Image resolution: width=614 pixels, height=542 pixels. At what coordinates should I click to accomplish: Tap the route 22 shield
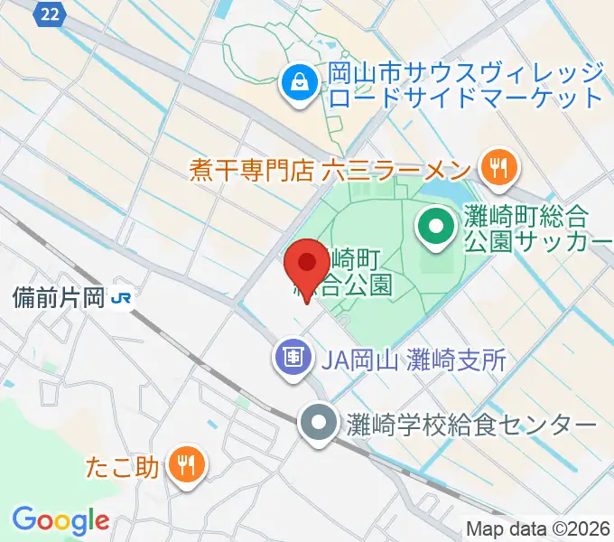tap(51, 12)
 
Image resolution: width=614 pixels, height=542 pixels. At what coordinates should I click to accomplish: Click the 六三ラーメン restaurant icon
tap(498, 167)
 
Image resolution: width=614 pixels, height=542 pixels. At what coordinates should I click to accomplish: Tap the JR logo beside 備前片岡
tap(120, 296)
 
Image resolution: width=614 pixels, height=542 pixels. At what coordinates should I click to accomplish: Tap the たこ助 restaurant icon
tap(187, 466)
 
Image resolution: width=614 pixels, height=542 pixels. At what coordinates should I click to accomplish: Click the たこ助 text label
tap(124, 468)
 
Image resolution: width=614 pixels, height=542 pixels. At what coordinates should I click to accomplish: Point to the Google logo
tap(60, 521)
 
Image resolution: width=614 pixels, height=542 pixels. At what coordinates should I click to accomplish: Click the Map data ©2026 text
tap(538, 528)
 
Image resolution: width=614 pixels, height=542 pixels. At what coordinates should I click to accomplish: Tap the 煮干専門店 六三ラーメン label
tap(330, 170)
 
